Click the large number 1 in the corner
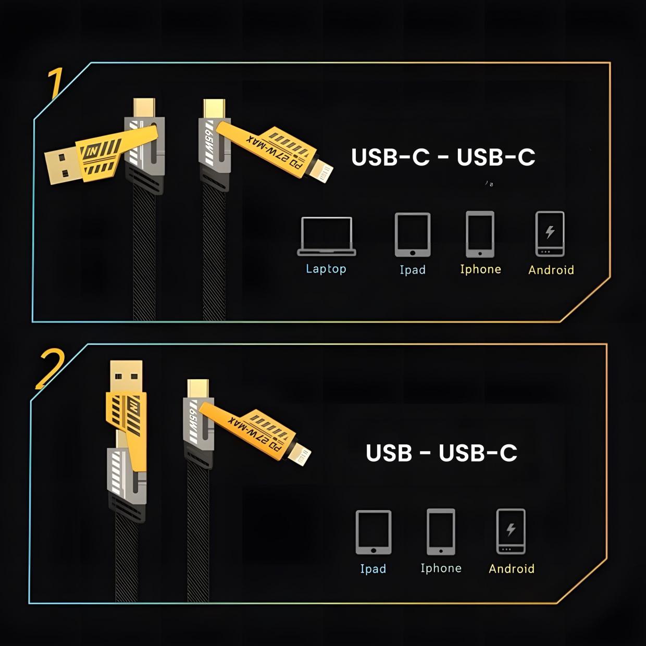tap(56, 83)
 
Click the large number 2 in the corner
tap(50, 369)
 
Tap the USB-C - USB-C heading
tap(443, 157)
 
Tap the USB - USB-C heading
tap(441, 453)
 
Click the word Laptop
tap(326, 269)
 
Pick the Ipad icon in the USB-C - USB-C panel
tap(413, 234)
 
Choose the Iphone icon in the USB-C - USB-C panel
tap(480, 234)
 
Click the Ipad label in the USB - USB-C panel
tap(373, 568)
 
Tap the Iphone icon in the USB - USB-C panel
tap(441, 532)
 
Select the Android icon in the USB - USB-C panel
tap(511, 531)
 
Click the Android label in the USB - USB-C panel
tap(512, 568)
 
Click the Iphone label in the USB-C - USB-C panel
tap(480, 269)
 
